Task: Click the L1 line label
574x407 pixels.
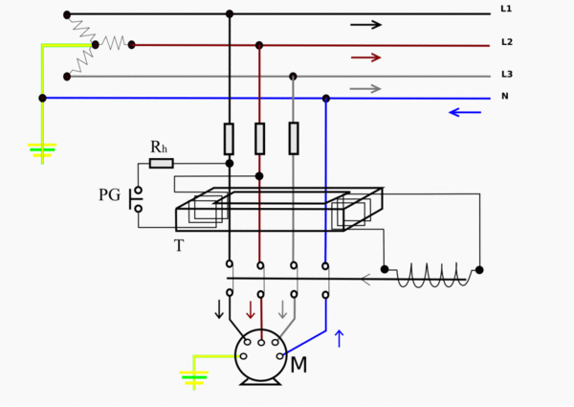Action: coord(506,10)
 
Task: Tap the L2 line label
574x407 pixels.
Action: coord(507,42)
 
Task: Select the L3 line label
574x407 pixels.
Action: coord(507,75)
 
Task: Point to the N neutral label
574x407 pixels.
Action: coord(505,97)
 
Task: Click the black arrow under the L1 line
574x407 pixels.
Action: coord(365,25)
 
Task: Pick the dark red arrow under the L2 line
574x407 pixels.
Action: coord(365,57)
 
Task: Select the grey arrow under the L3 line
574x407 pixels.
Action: coord(365,89)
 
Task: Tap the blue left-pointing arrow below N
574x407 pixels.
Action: coord(465,112)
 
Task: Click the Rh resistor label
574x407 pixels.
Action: coord(159,147)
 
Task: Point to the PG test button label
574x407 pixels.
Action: coord(109,195)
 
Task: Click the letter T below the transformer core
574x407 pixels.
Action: coord(178,246)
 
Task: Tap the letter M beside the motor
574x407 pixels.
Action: coord(298,365)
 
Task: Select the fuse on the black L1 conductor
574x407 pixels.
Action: coord(229,139)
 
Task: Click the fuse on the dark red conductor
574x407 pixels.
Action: coord(259,139)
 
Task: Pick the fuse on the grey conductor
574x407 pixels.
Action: coord(294,139)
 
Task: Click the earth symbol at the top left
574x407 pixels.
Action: coord(42,150)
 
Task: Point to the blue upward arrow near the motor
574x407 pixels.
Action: coord(339,338)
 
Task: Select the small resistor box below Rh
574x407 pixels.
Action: coord(162,163)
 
